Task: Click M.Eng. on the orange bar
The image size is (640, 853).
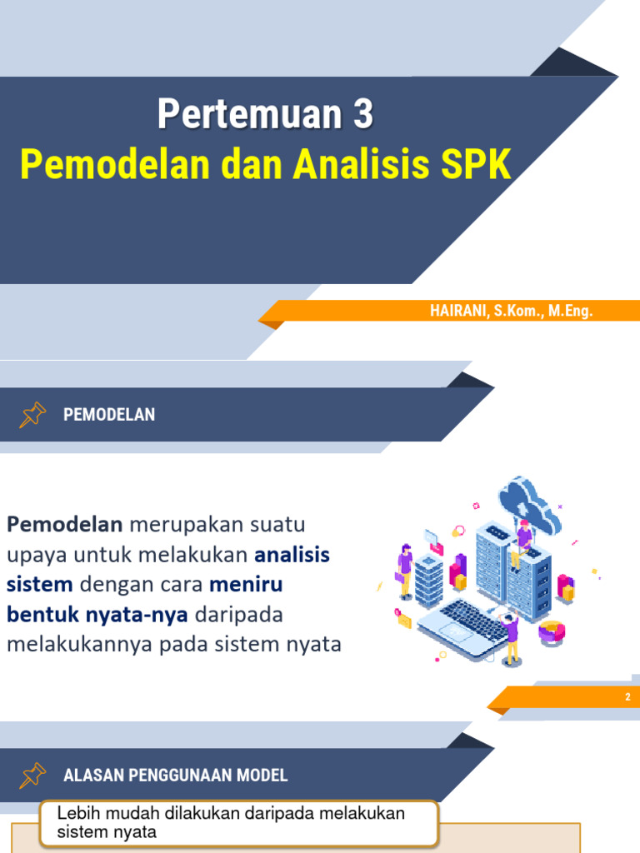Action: [x=570, y=312]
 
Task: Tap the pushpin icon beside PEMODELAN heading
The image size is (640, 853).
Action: [x=32, y=414]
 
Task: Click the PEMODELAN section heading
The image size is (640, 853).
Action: [x=109, y=415]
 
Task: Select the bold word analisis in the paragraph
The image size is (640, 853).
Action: [x=292, y=555]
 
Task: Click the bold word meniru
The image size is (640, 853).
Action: [x=246, y=585]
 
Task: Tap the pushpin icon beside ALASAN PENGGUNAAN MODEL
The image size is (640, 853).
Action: [x=32, y=776]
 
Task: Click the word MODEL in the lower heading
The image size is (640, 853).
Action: [x=263, y=776]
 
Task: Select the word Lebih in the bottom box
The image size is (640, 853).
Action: [x=74, y=814]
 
